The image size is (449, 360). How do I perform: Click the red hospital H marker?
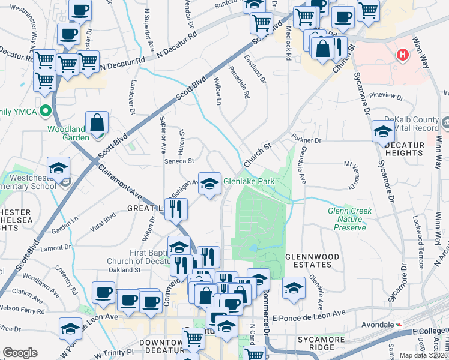point(402,55)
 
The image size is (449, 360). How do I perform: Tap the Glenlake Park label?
point(249,180)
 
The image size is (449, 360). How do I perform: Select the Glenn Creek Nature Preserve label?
point(350,219)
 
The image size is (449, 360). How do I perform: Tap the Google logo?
point(20,353)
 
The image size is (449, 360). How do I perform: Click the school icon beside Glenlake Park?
point(209,183)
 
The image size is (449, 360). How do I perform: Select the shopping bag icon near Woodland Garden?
point(97,124)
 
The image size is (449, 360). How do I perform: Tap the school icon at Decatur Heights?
point(383,132)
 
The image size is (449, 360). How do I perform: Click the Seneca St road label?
point(180,161)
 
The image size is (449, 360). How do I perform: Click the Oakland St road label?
point(128,269)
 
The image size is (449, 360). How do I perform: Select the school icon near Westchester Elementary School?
point(59,169)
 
